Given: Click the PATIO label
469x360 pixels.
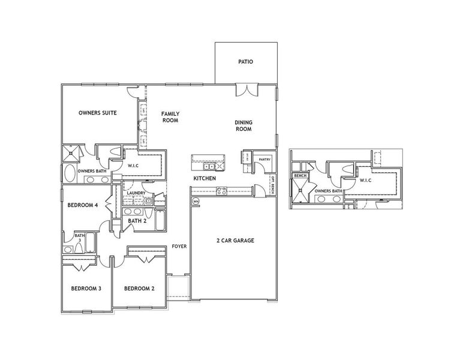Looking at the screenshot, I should coord(246,61).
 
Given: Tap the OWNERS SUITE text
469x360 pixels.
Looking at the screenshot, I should coord(97,113).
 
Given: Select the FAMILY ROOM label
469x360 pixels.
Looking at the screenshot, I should coord(170,117).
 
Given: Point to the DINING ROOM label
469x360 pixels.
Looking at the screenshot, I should coord(242,125).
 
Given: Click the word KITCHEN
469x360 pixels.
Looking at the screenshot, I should coord(205,179).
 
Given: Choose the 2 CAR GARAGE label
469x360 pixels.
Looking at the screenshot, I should coord(235,241).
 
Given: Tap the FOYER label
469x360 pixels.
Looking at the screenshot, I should coord(178,247).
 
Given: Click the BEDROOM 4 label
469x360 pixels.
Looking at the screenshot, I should coord(83,205).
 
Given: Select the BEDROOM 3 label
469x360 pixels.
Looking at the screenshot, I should coord(86,289).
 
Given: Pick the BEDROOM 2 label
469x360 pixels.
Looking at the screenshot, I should coord(139,289).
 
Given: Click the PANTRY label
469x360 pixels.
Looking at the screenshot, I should coord(264,160).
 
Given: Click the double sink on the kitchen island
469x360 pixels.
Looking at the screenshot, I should coord(209,158).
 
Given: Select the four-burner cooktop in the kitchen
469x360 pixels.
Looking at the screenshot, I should coord(221,192).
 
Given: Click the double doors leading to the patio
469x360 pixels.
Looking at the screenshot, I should coord(246,91).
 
